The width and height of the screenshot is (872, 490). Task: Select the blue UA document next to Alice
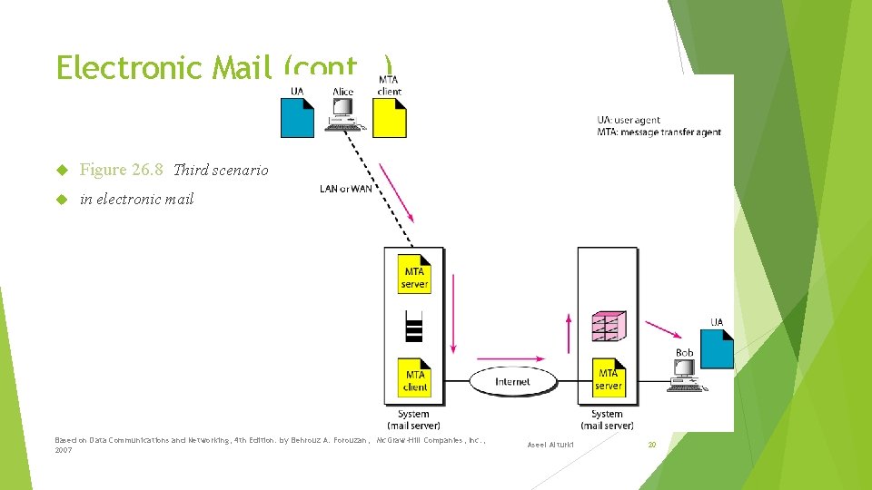coord(297,117)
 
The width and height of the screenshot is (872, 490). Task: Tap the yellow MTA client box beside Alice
coord(390,117)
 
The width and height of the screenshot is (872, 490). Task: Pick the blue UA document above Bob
coord(717,348)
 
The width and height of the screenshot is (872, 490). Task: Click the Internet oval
coord(512,382)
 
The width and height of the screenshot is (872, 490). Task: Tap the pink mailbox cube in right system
coord(608,327)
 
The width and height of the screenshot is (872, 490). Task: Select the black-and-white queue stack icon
coord(414,326)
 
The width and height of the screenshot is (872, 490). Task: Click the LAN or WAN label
coord(345,189)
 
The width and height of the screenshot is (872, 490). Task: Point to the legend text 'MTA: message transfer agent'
coord(659,132)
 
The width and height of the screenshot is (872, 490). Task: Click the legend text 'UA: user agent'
coord(629,120)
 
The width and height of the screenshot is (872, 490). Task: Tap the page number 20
coord(651,444)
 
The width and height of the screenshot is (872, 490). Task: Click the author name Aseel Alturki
coord(550,444)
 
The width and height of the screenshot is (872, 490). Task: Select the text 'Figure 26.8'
coord(122,170)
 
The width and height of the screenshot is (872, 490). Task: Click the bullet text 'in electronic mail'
coord(137,199)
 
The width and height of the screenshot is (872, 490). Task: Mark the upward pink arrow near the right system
coord(570,333)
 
